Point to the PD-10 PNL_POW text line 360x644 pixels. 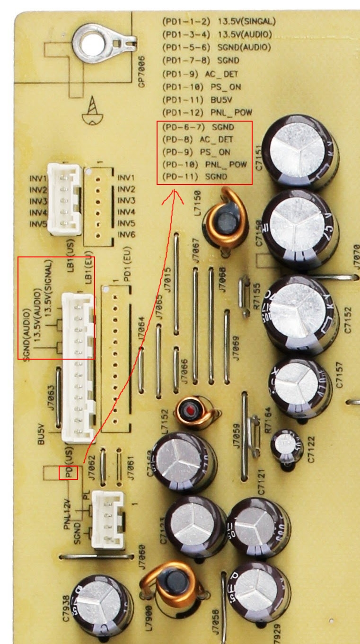204,165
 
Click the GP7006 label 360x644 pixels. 141,71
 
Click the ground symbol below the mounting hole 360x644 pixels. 93,111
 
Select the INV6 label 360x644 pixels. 126,235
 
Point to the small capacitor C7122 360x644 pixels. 286,445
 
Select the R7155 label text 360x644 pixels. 257,296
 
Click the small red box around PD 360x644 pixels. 68,472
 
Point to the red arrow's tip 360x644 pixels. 175,191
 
